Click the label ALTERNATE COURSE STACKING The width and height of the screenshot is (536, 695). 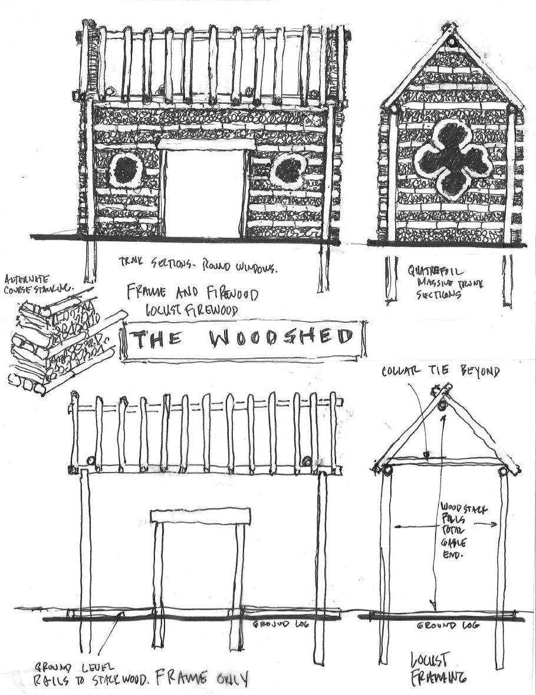38,283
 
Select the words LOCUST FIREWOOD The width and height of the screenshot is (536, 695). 193,310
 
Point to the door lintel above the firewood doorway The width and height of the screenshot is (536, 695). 206,144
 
